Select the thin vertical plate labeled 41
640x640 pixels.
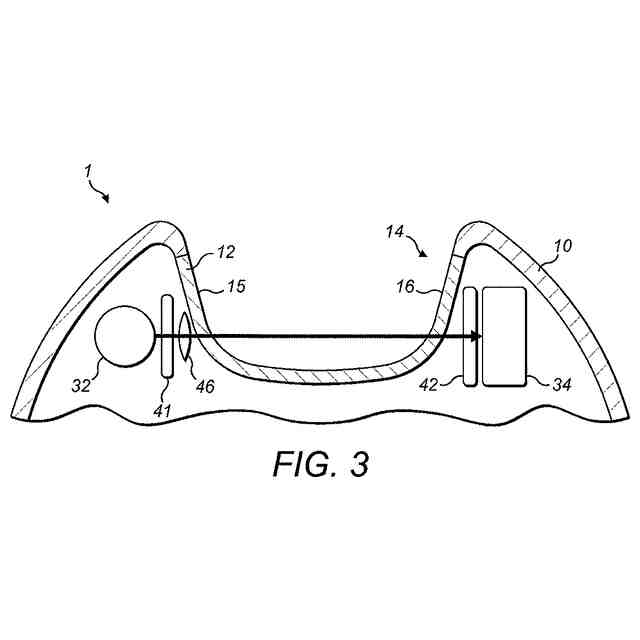click(x=166, y=335)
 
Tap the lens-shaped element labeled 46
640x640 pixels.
click(x=185, y=336)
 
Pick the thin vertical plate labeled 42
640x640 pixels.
click(x=468, y=335)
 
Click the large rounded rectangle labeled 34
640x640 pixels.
click(x=504, y=336)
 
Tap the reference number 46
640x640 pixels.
click(x=204, y=385)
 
